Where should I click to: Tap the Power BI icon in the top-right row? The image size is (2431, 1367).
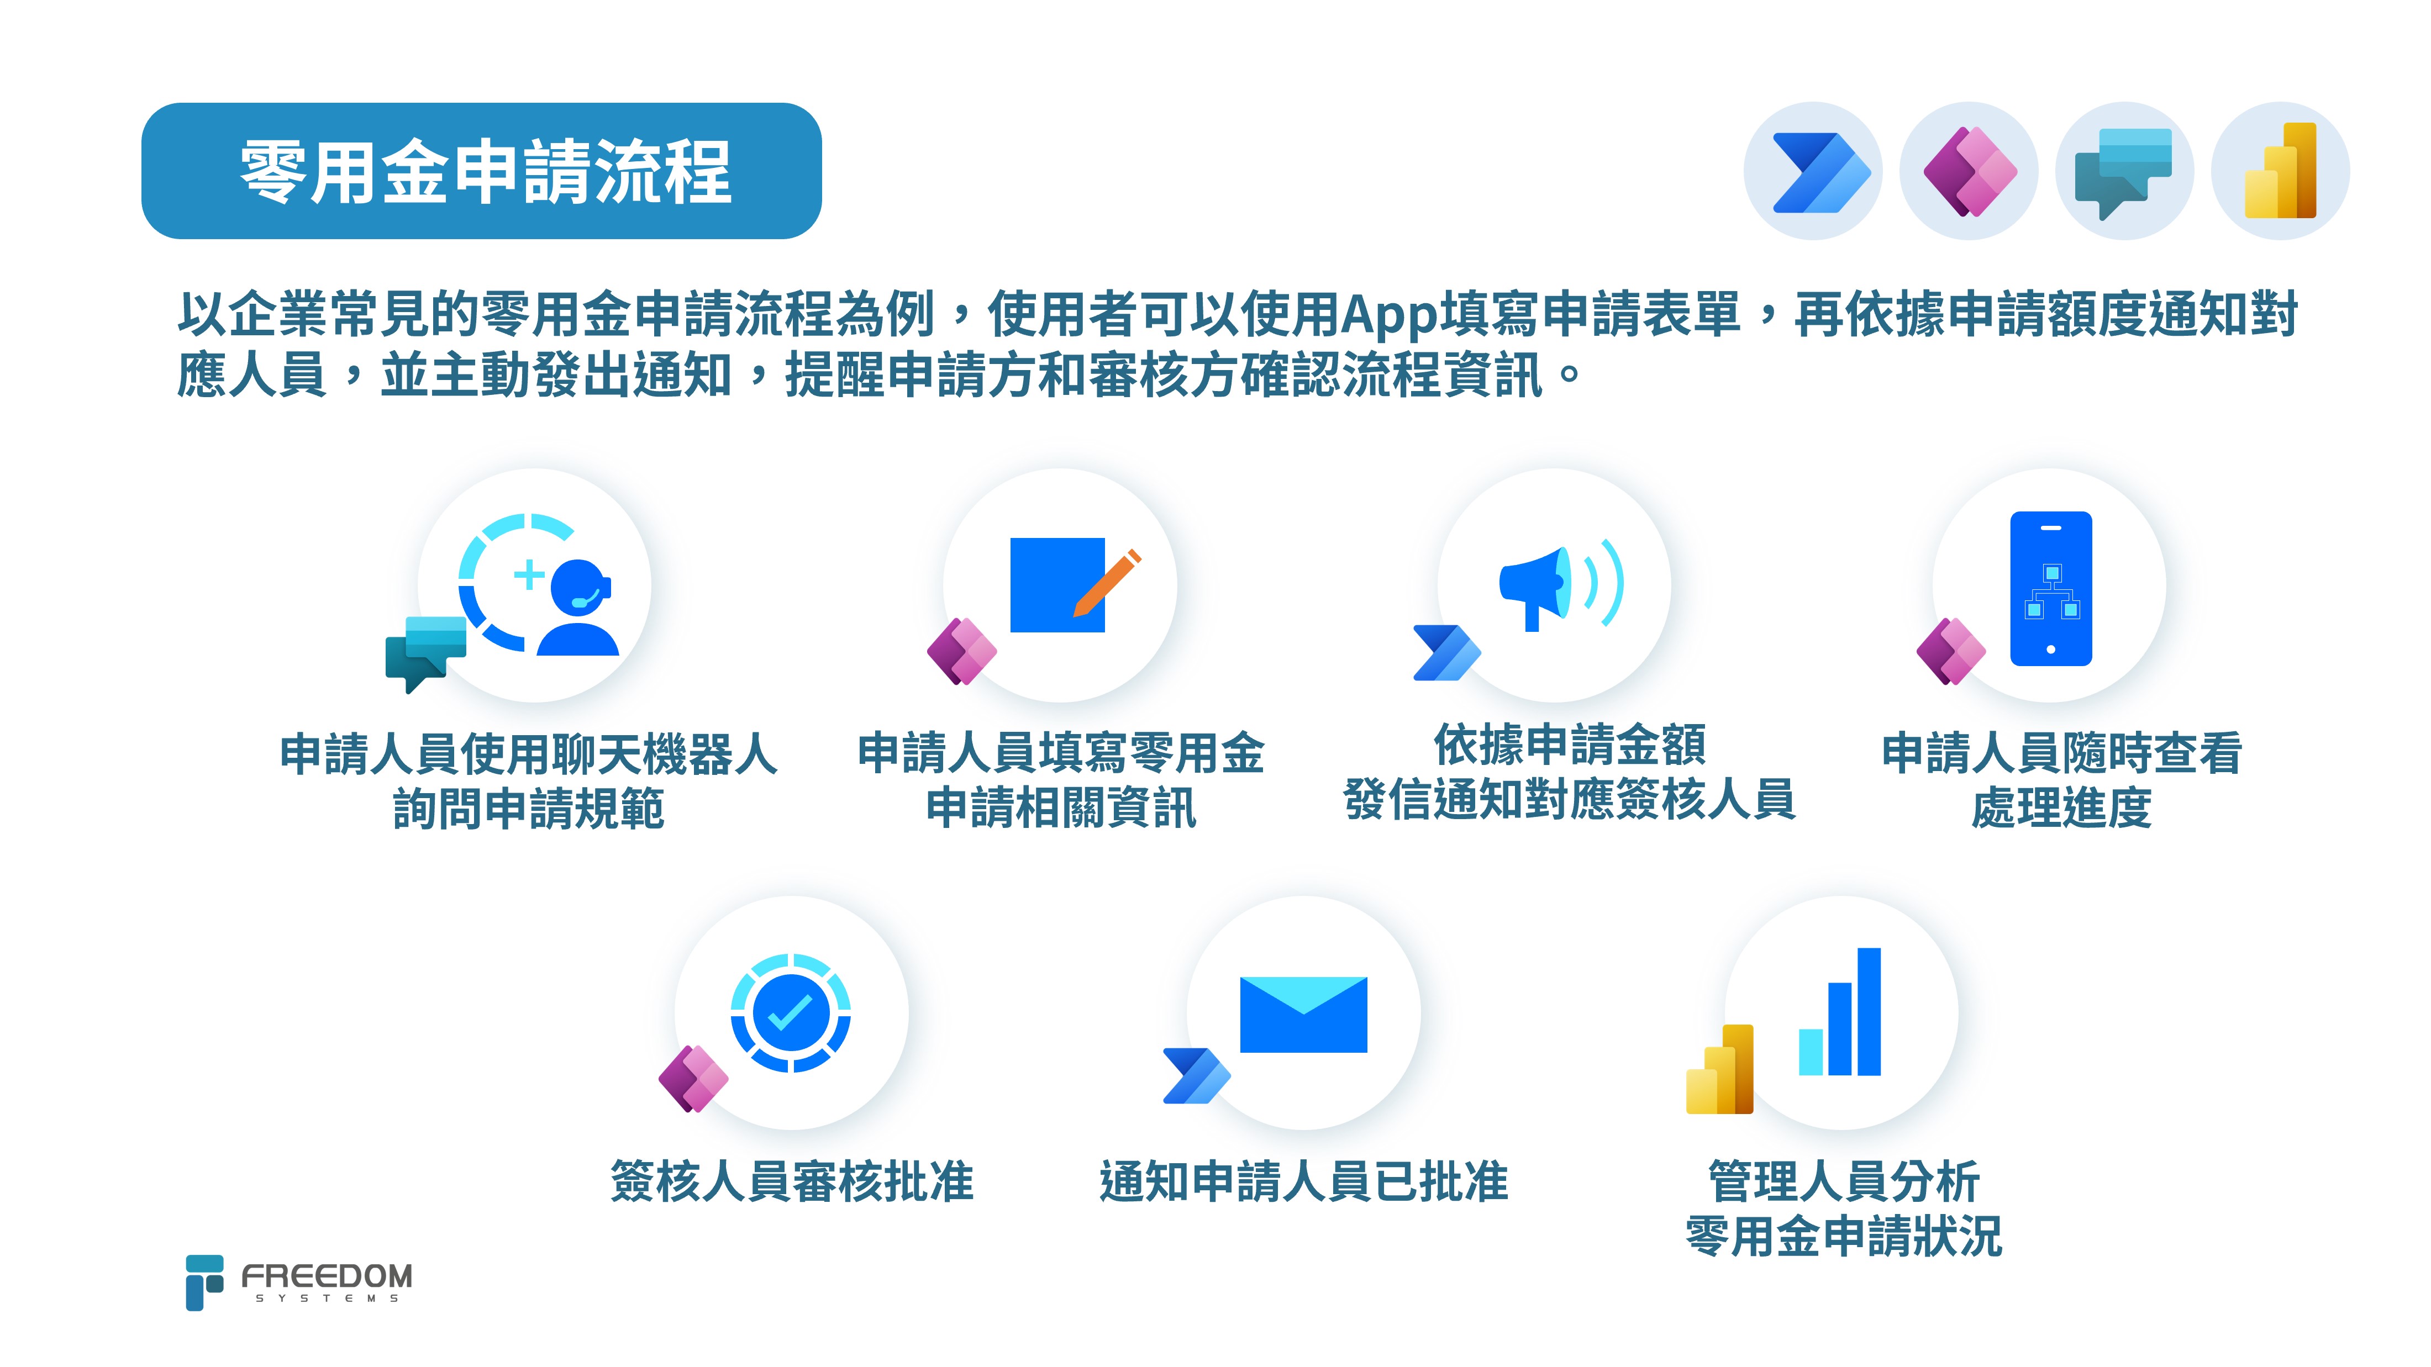pyautogui.click(x=2280, y=171)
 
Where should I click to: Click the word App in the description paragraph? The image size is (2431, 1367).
pyautogui.click(x=1388, y=316)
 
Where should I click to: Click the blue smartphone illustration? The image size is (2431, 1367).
pyautogui.click(x=2051, y=589)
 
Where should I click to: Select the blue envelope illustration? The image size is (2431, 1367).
pyautogui.click(x=1303, y=1014)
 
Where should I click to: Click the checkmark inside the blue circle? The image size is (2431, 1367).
pyautogui.click(x=791, y=1013)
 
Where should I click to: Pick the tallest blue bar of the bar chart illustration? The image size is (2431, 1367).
pyautogui.click(x=1869, y=1011)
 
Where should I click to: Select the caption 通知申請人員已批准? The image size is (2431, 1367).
pyautogui.click(x=1303, y=1181)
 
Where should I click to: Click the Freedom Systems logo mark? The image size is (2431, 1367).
pyautogui.click(x=204, y=1282)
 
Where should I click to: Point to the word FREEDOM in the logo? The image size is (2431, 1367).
pyautogui.click(x=327, y=1276)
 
